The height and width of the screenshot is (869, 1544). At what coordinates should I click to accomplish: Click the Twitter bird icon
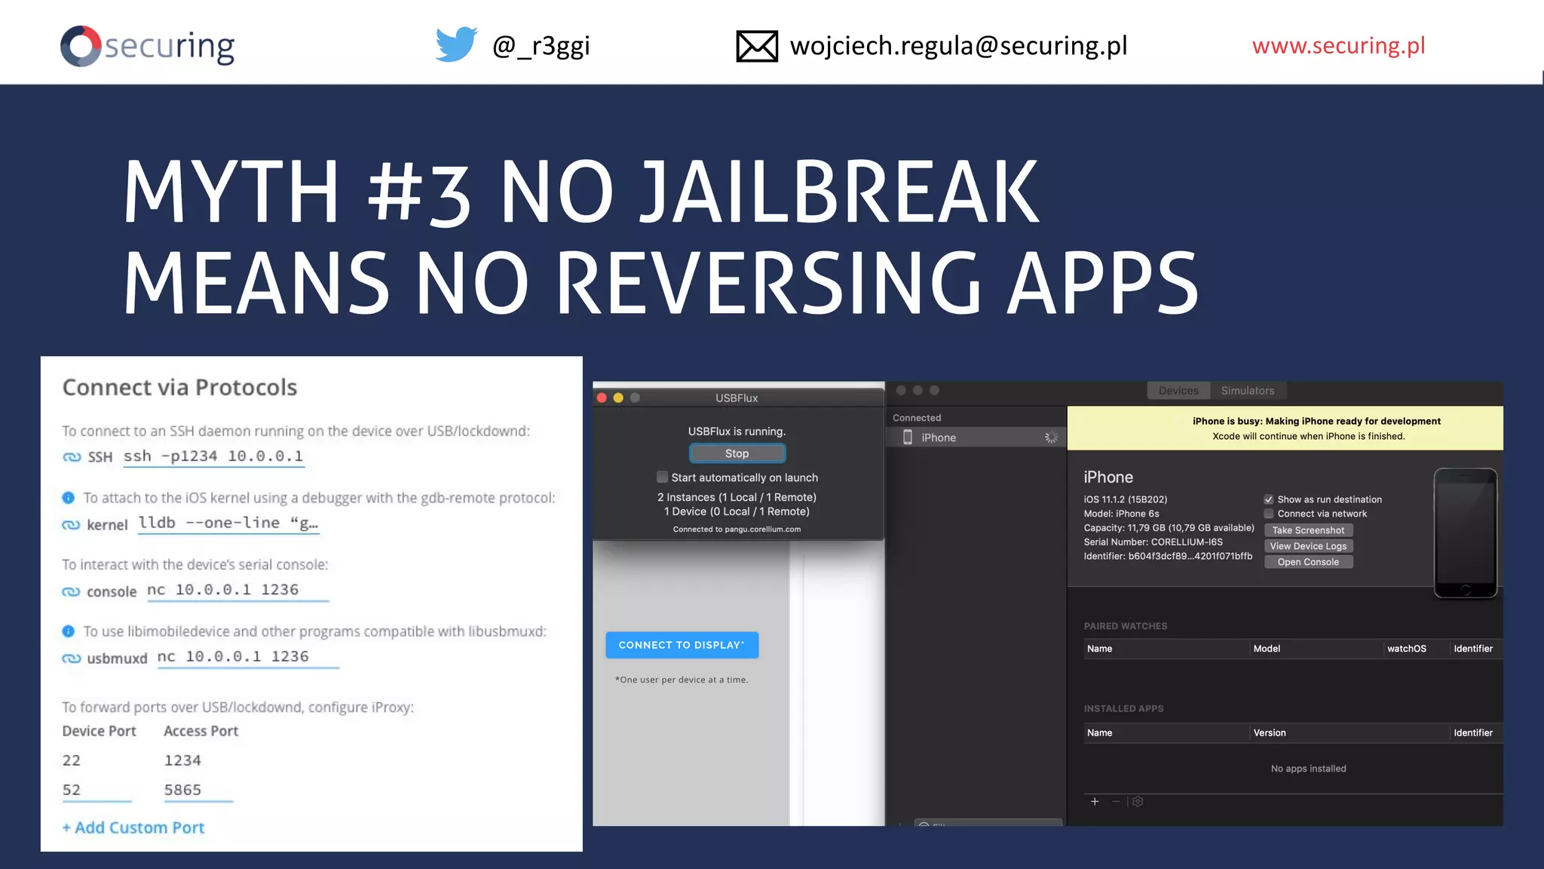[x=456, y=45]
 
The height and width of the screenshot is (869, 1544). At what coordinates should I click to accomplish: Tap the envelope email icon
[x=756, y=46]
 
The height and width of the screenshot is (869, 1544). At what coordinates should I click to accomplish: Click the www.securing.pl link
[x=1338, y=45]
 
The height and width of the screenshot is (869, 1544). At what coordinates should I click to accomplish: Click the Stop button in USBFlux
[x=737, y=453]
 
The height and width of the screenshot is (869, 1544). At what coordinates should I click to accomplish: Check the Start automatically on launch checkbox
[x=662, y=477]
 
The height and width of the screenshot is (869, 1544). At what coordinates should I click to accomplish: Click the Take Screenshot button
[x=1308, y=530]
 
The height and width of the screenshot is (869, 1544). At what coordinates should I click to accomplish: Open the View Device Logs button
[x=1308, y=546]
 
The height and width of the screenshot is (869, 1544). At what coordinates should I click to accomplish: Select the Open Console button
[x=1308, y=562]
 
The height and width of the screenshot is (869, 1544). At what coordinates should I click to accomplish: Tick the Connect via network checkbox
[x=1269, y=514]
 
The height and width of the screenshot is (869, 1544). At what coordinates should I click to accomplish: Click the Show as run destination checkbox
[x=1269, y=499]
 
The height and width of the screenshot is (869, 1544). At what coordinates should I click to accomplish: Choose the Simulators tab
[x=1247, y=391]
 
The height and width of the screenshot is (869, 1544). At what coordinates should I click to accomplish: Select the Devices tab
[x=1178, y=391]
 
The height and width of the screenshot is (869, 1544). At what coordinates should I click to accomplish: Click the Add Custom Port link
[x=133, y=828]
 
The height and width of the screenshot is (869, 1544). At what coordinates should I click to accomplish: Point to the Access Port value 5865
[x=183, y=790]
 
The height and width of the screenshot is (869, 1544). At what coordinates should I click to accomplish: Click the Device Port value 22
[x=72, y=760]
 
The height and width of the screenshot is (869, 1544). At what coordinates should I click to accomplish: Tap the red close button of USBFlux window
[x=602, y=398]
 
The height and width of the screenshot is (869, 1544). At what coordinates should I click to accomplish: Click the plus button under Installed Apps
[x=1095, y=801]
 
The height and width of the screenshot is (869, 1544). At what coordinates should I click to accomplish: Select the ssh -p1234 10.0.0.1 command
[x=213, y=456]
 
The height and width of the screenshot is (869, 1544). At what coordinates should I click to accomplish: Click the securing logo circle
[x=81, y=46]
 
